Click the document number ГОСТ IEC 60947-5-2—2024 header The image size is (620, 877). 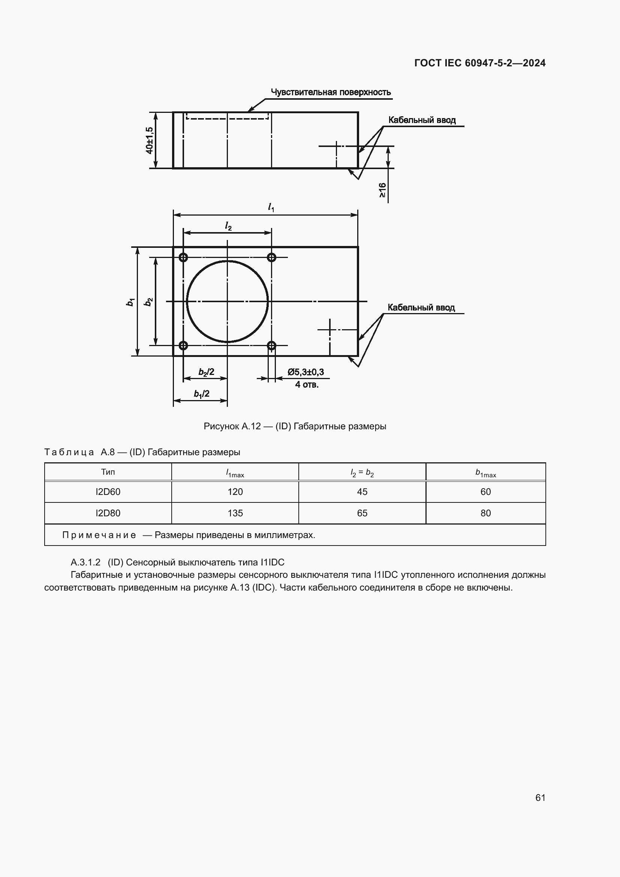(479, 63)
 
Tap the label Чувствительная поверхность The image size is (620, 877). (331, 92)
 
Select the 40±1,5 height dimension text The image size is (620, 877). (150, 141)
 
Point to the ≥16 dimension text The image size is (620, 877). (382, 190)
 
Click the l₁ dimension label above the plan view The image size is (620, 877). (271, 207)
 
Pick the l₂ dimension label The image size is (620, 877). (228, 226)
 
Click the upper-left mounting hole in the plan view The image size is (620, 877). (183, 258)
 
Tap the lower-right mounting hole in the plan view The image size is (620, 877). (271, 346)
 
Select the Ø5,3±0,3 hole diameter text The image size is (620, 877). (306, 372)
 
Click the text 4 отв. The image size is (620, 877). (306, 385)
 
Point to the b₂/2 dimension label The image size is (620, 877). (206, 372)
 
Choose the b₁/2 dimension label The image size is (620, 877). (201, 394)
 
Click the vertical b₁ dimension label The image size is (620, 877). (130, 302)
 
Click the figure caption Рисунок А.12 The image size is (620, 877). (295, 426)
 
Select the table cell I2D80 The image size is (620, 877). (108, 513)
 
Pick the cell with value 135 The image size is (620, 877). (235, 513)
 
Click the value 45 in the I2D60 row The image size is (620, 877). (362, 492)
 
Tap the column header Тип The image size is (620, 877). (108, 472)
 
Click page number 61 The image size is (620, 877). (540, 798)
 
